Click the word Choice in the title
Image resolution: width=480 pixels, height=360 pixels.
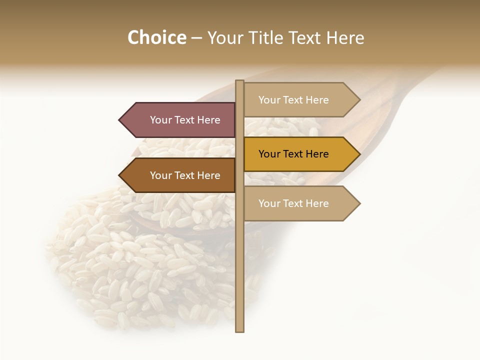[156, 37]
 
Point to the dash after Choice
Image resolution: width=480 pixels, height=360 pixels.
[196, 38]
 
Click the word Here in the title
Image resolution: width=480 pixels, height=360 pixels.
[345, 37]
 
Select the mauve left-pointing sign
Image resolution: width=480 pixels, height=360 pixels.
[180, 120]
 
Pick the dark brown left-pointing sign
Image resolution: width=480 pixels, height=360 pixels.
[180, 175]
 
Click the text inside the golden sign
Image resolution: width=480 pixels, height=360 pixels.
[293, 154]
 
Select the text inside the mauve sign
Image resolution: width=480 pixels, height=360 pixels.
[185, 120]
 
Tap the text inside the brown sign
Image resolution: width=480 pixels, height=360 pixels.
[185, 175]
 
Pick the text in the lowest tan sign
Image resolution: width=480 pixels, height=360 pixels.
[293, 203]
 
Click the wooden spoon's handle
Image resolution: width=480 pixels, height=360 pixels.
[400, 95]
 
